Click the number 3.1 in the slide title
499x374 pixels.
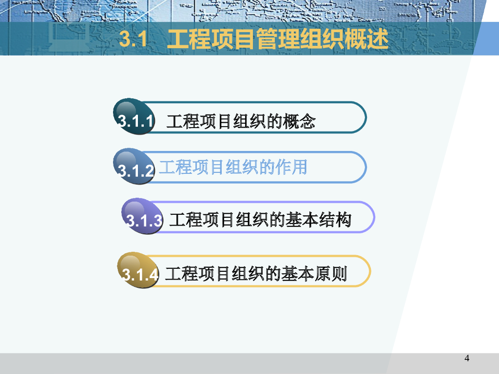tap(134, 39)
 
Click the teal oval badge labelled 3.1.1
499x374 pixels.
tap(134, 116)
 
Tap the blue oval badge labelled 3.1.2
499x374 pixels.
tap(134, 166)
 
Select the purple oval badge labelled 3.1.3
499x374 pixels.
tap(142, 216)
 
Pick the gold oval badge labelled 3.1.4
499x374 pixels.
tap(138, 270)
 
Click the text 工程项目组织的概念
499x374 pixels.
tap(241, 121)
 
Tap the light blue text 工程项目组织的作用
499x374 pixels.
tap(233, 167)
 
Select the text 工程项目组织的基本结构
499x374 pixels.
tap(260, 220)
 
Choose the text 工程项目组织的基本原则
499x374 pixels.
tap(256, 274)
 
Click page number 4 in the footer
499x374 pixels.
tap(467, 358)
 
